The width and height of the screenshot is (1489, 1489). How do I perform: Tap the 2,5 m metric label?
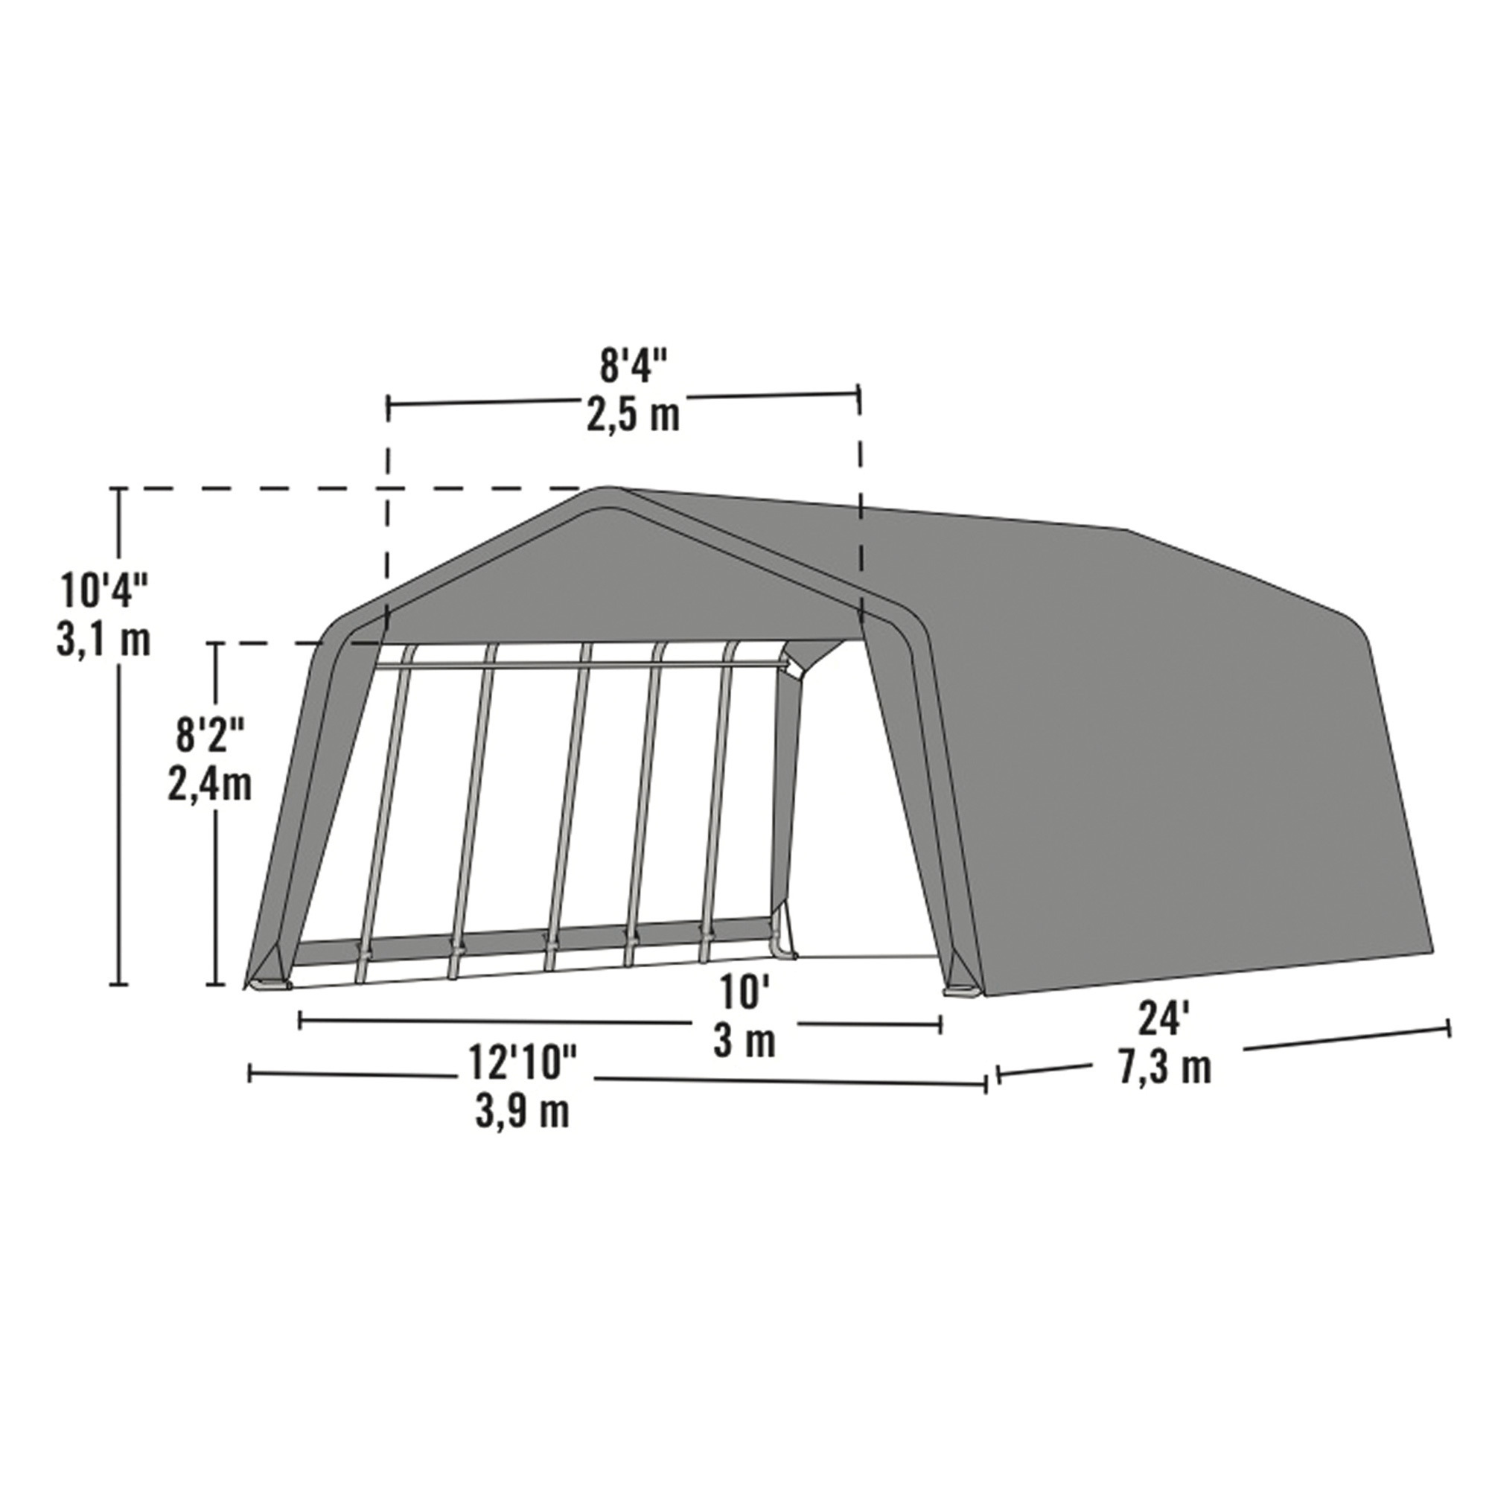(633, 415)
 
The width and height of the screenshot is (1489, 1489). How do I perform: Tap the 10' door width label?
(743, 992)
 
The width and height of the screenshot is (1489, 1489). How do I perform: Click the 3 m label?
(743, 1042)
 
